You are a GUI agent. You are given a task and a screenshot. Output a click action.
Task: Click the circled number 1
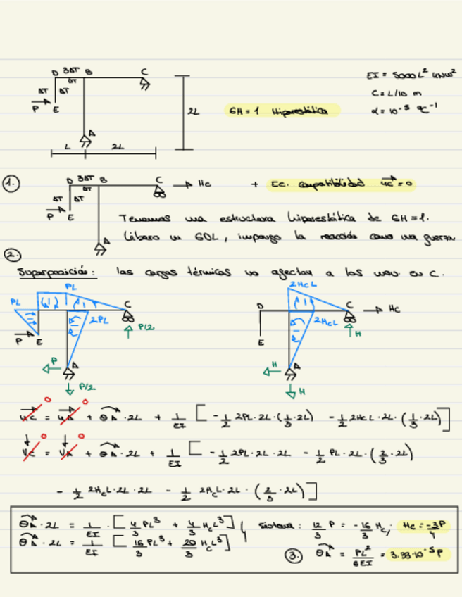click(11, 184)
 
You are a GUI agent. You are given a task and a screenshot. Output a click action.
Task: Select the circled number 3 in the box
click(293, 555)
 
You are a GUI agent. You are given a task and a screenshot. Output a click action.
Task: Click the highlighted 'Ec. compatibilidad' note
click(342, 184)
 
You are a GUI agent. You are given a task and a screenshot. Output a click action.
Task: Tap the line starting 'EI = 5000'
click(411, 74)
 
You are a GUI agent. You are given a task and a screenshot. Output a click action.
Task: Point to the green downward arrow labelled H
click(292, 389)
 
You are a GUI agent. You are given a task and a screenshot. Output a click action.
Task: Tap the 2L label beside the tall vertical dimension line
click(194, 111)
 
